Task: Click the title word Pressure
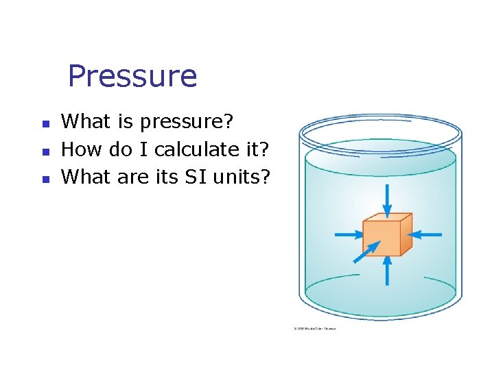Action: pos(132,76)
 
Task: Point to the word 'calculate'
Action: pos(188,149)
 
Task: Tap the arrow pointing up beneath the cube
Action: pos(388,270)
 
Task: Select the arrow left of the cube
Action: pos(350,234)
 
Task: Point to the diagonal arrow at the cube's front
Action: pos(364,251)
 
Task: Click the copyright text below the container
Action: pos(315,329)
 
